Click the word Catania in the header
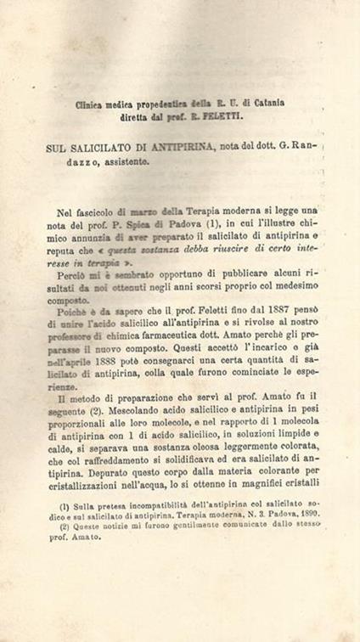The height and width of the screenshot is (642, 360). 266,102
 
